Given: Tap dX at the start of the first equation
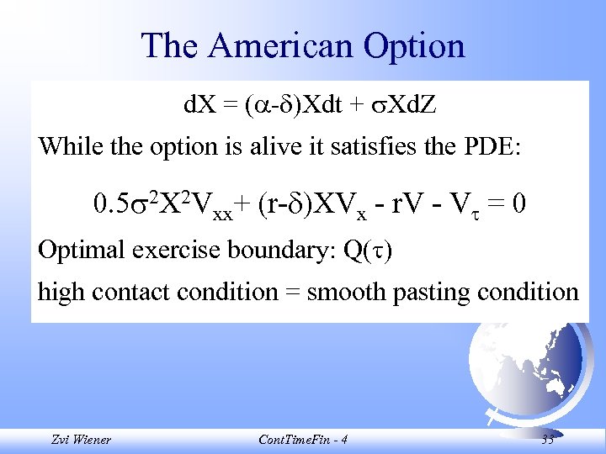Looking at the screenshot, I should pos(199,107).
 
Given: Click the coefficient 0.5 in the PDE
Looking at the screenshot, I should pos(109,204).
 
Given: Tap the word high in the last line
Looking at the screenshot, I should pos(61,293).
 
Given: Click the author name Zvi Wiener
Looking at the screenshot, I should pos(80,439).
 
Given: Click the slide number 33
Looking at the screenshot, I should pos(548,439).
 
